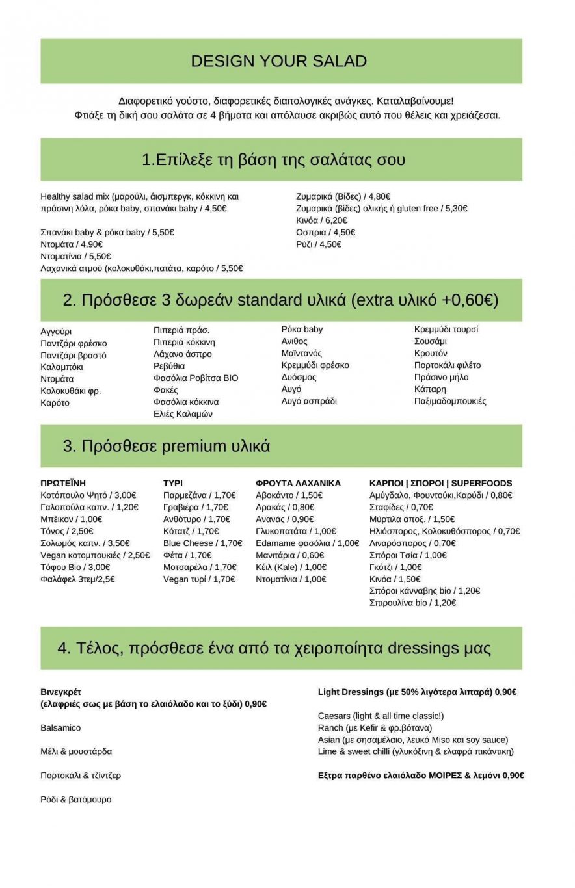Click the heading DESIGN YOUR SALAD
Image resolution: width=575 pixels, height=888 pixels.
(279, 61)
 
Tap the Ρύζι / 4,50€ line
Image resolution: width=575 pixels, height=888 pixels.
(319, 244)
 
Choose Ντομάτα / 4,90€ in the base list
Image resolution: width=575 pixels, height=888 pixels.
(72, 244)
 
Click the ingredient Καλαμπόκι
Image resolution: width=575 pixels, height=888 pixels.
(62, 367)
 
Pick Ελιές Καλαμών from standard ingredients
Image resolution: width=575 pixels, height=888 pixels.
(183, 414)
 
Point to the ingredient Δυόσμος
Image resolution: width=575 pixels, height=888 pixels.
(299, 377)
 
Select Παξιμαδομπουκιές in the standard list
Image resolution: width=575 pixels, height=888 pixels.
(450, 401)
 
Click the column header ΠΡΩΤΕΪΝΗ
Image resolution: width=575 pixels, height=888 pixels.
(63, 483)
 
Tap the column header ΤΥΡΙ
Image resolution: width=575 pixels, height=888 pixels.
(173, 483)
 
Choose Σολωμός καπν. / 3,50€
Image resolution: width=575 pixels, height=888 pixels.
(85, 543)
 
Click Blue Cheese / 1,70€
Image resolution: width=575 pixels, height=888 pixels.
(203, 543)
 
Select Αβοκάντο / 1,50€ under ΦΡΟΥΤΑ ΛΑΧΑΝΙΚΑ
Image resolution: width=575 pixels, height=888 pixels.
(289, 495)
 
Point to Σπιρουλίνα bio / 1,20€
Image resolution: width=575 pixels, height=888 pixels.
(412, 603)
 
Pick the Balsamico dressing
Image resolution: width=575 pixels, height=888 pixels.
(61, 727)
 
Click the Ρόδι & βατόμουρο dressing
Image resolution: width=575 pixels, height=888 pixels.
(76, 799)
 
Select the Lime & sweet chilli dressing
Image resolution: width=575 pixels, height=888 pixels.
(416, 751)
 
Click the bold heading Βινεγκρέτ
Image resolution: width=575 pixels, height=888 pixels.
(61, 692)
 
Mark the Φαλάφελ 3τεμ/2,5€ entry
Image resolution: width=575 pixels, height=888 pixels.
(77, 579)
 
